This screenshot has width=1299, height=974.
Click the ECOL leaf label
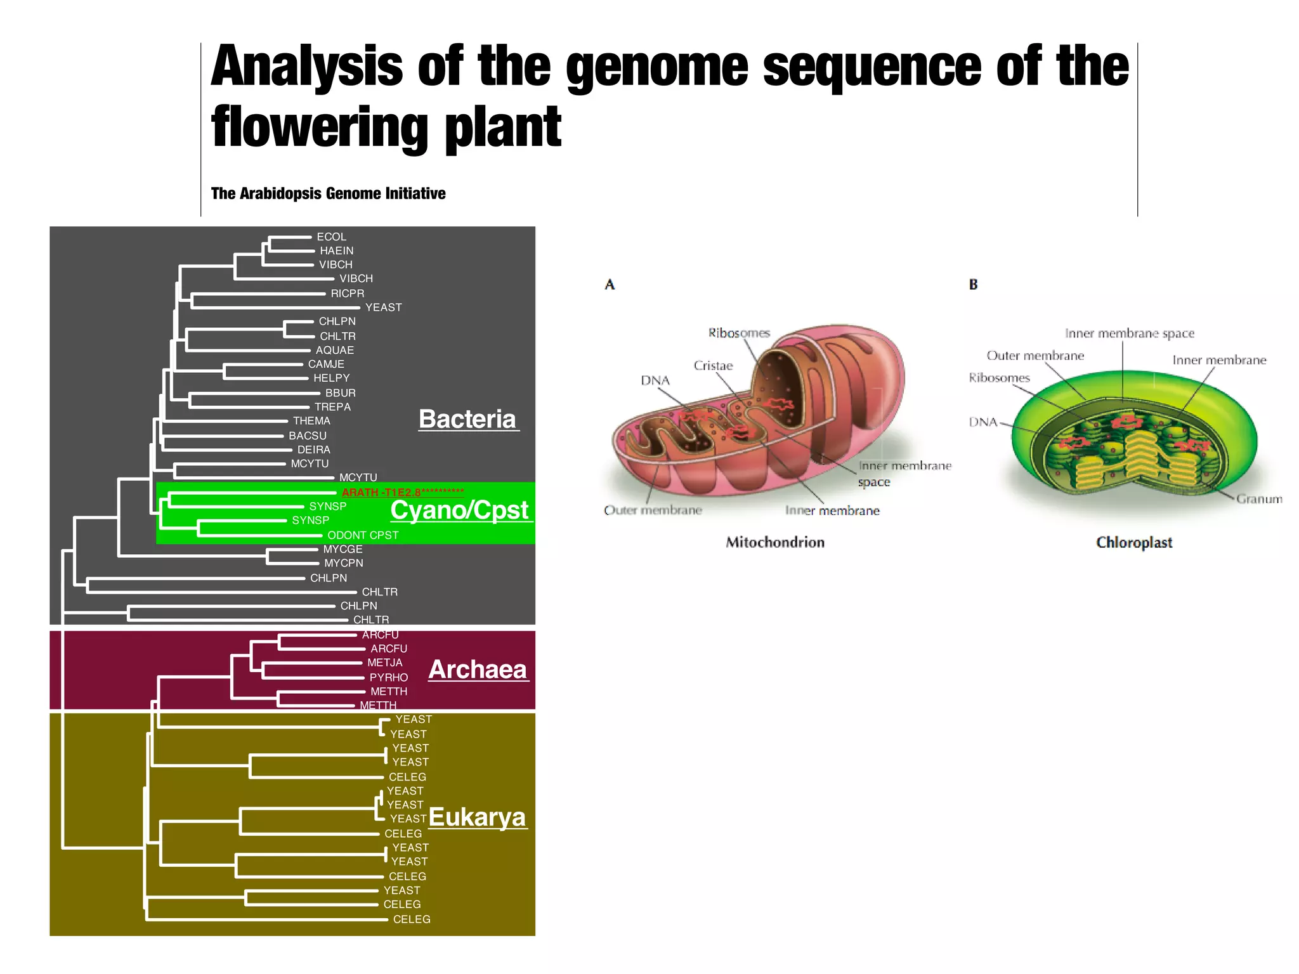(331, 237)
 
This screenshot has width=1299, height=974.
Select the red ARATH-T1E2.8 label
(402, 492)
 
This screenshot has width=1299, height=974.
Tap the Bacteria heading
(467, 419)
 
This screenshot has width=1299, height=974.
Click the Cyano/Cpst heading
(459, 510)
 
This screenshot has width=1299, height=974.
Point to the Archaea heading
(477, 670)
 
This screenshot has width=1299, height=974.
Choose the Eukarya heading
(477, 817)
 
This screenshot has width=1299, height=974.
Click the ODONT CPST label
(363, 535)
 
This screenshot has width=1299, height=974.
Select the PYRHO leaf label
(388, 677)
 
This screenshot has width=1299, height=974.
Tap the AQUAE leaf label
(335, 350)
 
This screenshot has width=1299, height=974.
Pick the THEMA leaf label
(311, 420)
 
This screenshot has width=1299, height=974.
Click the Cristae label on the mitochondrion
(713, 365)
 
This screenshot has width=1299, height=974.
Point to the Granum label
(1258, 499)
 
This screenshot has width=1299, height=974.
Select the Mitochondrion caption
(775, 542)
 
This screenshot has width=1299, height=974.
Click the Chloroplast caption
(1134, 542)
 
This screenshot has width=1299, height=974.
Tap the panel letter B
(973, 285)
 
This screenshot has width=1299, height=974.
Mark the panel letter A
(610, 285)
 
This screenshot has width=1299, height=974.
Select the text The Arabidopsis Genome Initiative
(328, 193)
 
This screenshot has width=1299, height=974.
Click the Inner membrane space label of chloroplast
(1129, 333)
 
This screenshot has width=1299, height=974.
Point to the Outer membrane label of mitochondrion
(653, 510)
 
